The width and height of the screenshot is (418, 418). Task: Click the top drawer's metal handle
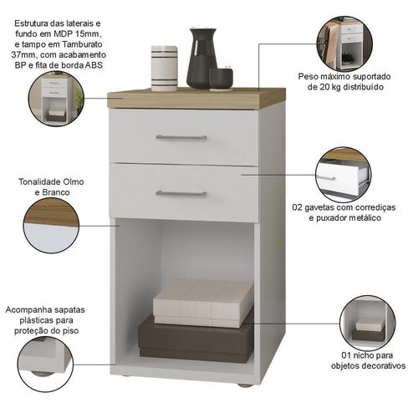(181, 137)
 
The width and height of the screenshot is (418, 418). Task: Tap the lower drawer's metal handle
(181, 194)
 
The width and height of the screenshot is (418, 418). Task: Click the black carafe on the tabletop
(201, 58)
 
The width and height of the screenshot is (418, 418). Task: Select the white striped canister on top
(165, 69)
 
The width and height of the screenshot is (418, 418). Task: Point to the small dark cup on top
(221, 79)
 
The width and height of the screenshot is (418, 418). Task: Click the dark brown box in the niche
(196, 339)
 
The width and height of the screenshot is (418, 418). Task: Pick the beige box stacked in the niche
(203, 303)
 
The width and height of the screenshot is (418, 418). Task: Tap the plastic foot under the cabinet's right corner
(244, 385)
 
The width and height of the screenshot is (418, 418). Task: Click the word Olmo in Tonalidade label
(74, 181)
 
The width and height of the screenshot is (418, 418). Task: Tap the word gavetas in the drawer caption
(319, 207)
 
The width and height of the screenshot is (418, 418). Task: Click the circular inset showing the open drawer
(343, 175)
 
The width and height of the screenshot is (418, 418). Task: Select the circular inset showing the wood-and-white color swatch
(51, 225)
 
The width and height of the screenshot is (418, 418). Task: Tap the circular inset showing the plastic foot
(45, 364)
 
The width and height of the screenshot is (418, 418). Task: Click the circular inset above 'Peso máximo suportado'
(344, 44)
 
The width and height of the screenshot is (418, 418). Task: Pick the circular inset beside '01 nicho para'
(368, 324)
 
